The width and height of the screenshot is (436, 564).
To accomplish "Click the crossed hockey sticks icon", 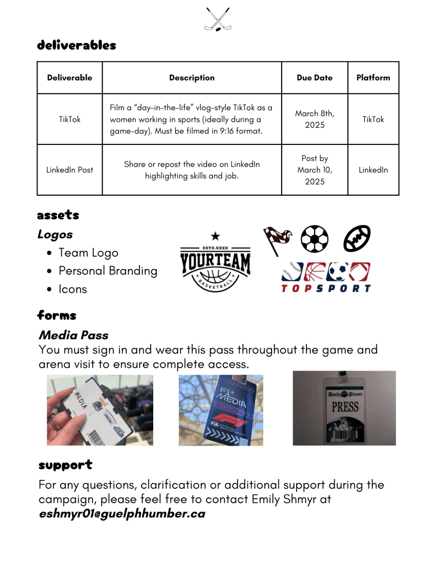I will (217, 19).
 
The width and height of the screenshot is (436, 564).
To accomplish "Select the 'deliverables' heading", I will (77, 45).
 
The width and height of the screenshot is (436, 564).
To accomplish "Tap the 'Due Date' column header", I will (314, 78).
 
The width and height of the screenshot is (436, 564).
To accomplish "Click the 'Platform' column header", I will (373, 78).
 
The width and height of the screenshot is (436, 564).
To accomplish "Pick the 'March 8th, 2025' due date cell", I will (314, 119).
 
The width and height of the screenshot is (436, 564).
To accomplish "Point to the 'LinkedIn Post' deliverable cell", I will (70, 170).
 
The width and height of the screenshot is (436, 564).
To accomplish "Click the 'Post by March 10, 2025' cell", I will (314, 170).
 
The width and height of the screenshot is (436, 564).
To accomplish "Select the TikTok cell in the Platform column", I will (373, 119).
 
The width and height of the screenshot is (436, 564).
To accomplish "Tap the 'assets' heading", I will (58, 214).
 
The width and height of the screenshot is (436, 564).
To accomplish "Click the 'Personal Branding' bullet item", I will (108, 271).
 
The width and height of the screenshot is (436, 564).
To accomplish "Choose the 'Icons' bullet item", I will (73, 289).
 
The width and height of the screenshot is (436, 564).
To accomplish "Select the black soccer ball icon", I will (315, 239).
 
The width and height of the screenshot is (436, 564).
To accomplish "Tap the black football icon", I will (357, 239).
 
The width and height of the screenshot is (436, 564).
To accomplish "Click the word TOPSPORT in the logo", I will (326, 288).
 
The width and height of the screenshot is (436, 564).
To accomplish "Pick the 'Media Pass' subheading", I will (73, 335).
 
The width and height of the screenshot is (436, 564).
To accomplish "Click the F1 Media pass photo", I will (220, 410).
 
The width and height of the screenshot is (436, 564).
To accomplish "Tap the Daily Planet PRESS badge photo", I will (344, 408).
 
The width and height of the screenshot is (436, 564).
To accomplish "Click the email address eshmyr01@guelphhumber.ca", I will (122, 514).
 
